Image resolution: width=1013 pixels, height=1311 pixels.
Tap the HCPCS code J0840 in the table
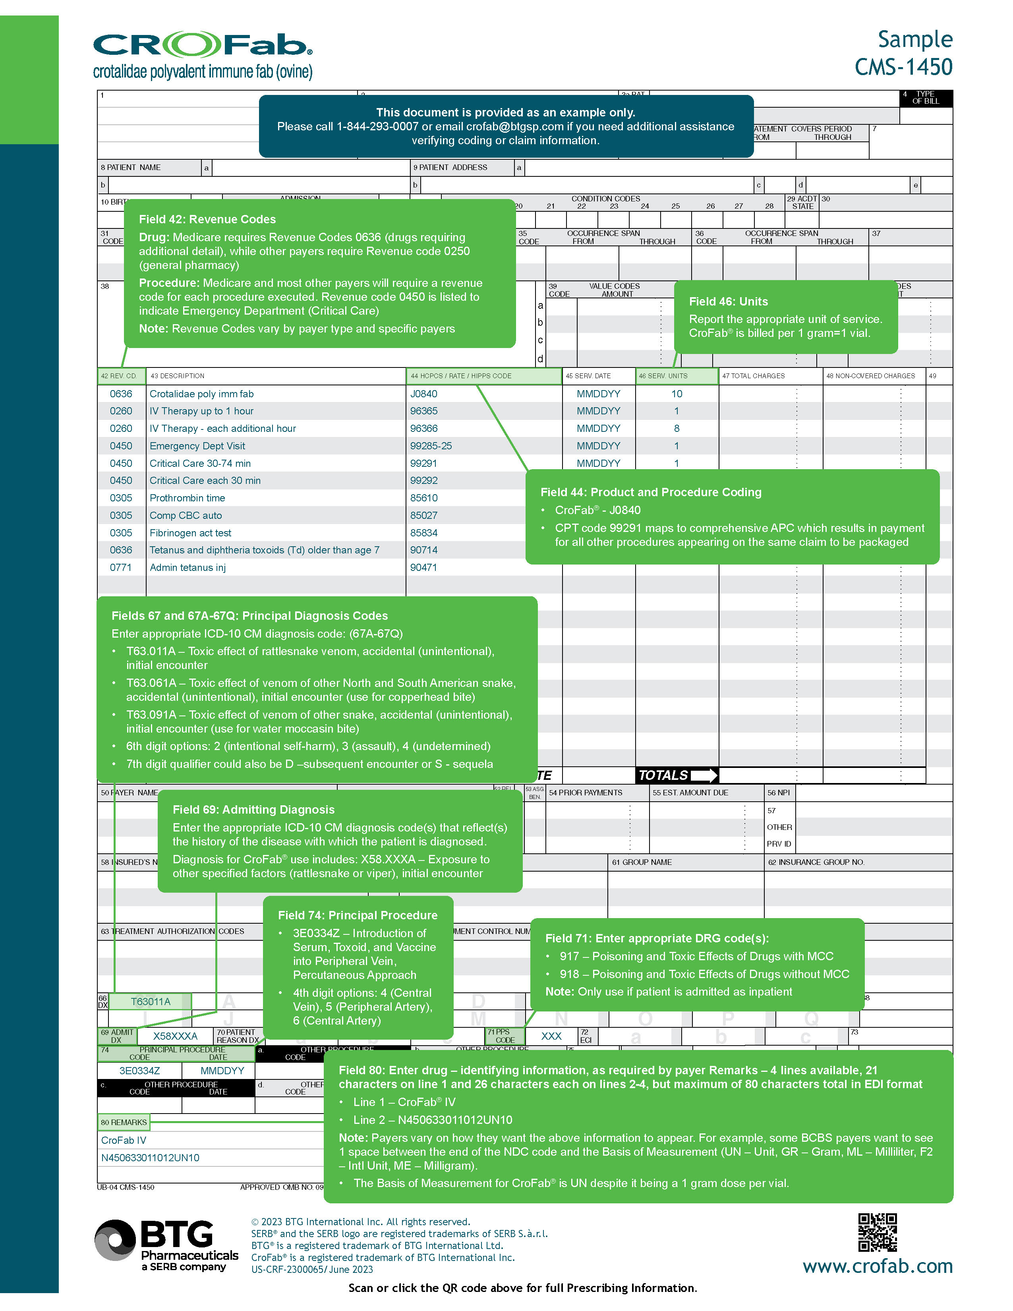(x=424, y=394)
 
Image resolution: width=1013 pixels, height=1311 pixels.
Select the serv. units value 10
(x=677, y=394)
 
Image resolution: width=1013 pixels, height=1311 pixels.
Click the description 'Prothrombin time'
(x=187, y=498)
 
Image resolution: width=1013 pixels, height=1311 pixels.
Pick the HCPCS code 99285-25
(x=431, y=446)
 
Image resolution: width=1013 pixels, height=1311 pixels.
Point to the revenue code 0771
(x=121, y=567)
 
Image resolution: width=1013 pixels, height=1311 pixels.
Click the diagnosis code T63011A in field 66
(x=151, y=1001)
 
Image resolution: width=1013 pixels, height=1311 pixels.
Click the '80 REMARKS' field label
(x=124, y=1122)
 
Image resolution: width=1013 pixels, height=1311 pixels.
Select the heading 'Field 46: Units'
(x=728, y=302)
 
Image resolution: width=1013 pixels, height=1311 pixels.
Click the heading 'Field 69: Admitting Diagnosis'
(x=253, y=810)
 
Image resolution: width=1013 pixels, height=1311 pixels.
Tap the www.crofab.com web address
(x=878, y=1266)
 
